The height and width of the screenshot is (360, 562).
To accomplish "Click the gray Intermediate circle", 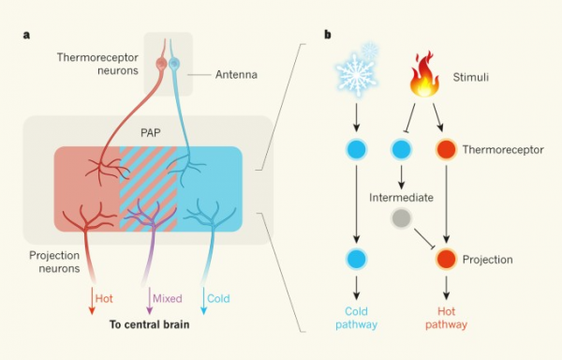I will pyautogui.click(x=400, y=217).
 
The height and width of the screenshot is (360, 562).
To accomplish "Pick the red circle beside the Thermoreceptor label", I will pyautogui.click(x=447, y=149).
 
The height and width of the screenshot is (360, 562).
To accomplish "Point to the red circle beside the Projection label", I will pyautogui.click(x=447, y=259).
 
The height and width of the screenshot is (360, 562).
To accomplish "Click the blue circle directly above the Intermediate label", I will pyautogui.click(x=400, y=149).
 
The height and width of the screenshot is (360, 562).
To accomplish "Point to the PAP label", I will pyautogui.click(x=150, y=133).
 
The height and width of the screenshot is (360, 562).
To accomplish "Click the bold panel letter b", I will pyautogui.click(x=327, y=35).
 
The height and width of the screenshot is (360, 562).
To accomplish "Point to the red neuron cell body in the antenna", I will pyautogui.click(x=160, y=65).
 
